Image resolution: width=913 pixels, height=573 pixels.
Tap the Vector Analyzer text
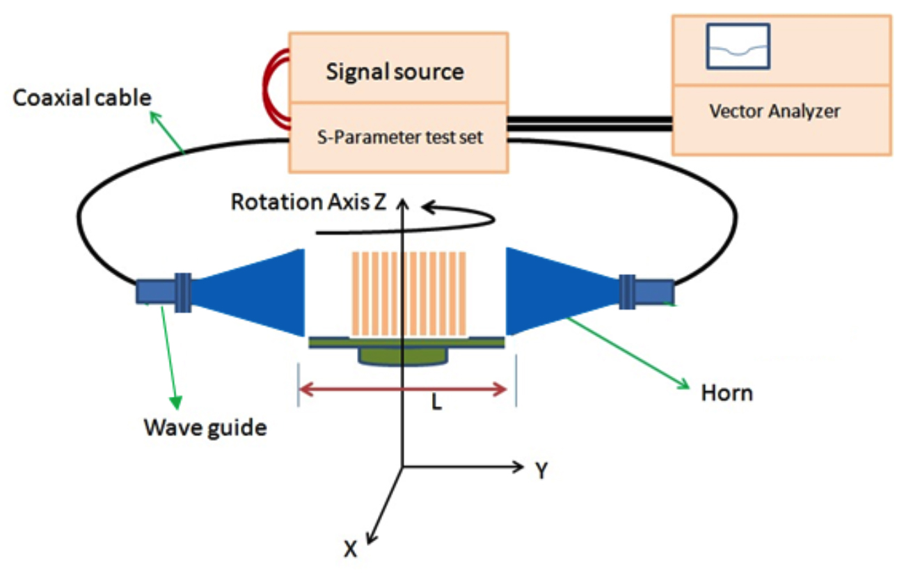[x=775, y=111]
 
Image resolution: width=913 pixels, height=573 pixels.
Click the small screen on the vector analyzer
[x=738, y=46]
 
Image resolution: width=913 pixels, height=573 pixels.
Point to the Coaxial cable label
[x=82, y=97]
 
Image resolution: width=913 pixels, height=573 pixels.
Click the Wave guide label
[x=205, y=426]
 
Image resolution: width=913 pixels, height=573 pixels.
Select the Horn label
[x=727, y=393]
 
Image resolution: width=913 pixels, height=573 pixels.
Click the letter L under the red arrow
[x=436, y=403]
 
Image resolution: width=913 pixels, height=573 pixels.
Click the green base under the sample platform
[x=403, y=356]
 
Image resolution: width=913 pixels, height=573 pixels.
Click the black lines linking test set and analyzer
[x=589, y=123]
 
